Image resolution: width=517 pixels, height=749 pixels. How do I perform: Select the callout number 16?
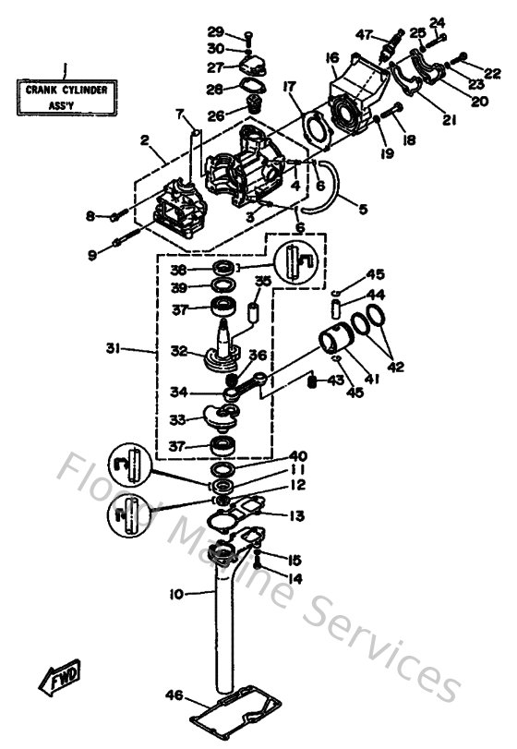[x=331, y=58]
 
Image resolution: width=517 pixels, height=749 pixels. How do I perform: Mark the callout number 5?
[x=363, y=210]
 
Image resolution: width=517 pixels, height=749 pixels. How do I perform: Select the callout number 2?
[x=144, y=140]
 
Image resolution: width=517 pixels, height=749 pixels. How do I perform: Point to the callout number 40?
[x=296, y=456]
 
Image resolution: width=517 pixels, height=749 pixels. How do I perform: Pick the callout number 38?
[x=178, y=271]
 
